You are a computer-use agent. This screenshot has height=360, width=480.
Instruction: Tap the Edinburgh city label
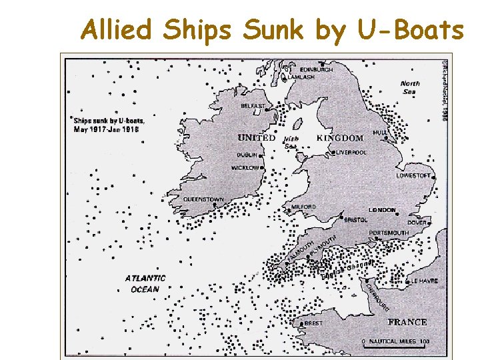coord(316,69)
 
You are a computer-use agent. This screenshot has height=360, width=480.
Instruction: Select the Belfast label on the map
coord(253,106)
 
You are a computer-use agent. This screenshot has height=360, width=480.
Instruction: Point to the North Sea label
coord(410,87)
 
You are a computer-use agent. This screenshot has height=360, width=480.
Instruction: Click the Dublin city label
coord(246,155)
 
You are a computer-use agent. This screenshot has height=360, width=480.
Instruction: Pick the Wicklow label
coord(245,168)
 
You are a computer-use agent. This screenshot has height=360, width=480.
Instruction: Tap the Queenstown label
coord(203,199)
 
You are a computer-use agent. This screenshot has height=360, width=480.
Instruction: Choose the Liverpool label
coord(351,152)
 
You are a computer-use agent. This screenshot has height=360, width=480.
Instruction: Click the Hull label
coord(379,133)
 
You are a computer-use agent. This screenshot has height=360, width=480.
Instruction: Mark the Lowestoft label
coord(413,176)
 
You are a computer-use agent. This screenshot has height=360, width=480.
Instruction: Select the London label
coord(382,210)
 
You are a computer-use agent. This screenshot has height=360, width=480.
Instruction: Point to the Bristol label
coord(356,219)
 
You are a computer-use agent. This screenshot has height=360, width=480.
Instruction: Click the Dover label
coord(417,223)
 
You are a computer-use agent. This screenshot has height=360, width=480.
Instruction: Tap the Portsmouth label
coord(388,233)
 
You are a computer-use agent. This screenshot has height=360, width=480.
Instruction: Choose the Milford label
coord(303,207)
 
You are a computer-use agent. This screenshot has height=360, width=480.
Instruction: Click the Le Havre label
coord(424,281)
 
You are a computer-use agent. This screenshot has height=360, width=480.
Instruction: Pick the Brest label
coord(313,323)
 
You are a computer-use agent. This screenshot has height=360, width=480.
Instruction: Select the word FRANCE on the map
coord(407,322)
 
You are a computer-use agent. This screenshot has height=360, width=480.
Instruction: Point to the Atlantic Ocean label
coord(145,283)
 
